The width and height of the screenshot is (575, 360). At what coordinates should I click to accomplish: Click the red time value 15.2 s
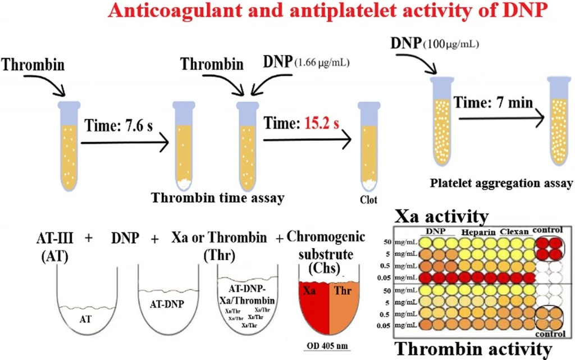coord(322,124)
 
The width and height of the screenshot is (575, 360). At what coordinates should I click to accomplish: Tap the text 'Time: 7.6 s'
coord(118,126)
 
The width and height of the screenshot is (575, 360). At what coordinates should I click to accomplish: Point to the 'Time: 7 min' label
coord(493,102)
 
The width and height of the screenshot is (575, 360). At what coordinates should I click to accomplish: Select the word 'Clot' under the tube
coord(368,200)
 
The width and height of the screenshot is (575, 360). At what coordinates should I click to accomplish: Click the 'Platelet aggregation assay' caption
coord(501,183)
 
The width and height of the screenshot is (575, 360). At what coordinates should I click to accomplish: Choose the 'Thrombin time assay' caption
coord(218,198)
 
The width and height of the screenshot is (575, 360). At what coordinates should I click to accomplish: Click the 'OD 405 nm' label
coord(327,346)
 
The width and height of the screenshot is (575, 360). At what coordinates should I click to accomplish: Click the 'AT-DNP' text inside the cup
coord(167,304)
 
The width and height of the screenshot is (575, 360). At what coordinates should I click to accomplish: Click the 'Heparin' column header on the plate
coord(478,233)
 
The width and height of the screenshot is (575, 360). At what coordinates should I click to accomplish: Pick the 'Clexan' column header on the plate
coord(514,232)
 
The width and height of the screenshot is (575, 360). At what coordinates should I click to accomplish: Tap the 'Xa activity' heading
coord(441,216)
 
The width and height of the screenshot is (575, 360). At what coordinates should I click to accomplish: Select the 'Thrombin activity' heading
coord(473,349)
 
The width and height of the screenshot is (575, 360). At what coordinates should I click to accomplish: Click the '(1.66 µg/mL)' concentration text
coord(322,62)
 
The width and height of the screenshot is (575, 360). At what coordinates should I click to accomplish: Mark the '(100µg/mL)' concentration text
coord(451,44)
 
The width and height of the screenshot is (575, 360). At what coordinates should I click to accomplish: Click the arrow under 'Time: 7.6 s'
coord(125,142)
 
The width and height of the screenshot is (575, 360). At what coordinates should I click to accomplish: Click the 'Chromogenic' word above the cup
coord(326,237)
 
